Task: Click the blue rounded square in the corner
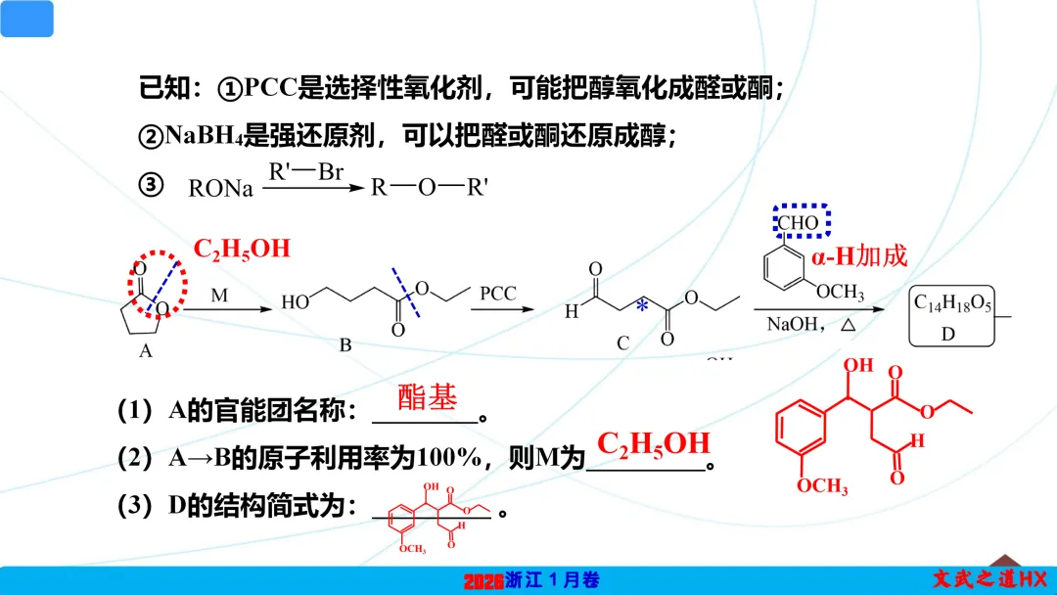point(27,19)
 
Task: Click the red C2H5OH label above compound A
point(242,248)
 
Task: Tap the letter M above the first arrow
point(219,294)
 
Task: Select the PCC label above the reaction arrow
point(497,294)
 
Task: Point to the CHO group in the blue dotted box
point(800,223)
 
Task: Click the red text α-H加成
point(859,256)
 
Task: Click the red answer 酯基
point(428,396)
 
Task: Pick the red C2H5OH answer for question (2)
point(654,443)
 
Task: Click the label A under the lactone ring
point(146,350)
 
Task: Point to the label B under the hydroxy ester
point(345,344)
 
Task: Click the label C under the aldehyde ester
point(623,343)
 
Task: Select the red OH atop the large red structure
point(858,366)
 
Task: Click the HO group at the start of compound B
point(295,303)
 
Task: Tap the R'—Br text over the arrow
point(306,173)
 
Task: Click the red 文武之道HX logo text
point(988,579)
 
